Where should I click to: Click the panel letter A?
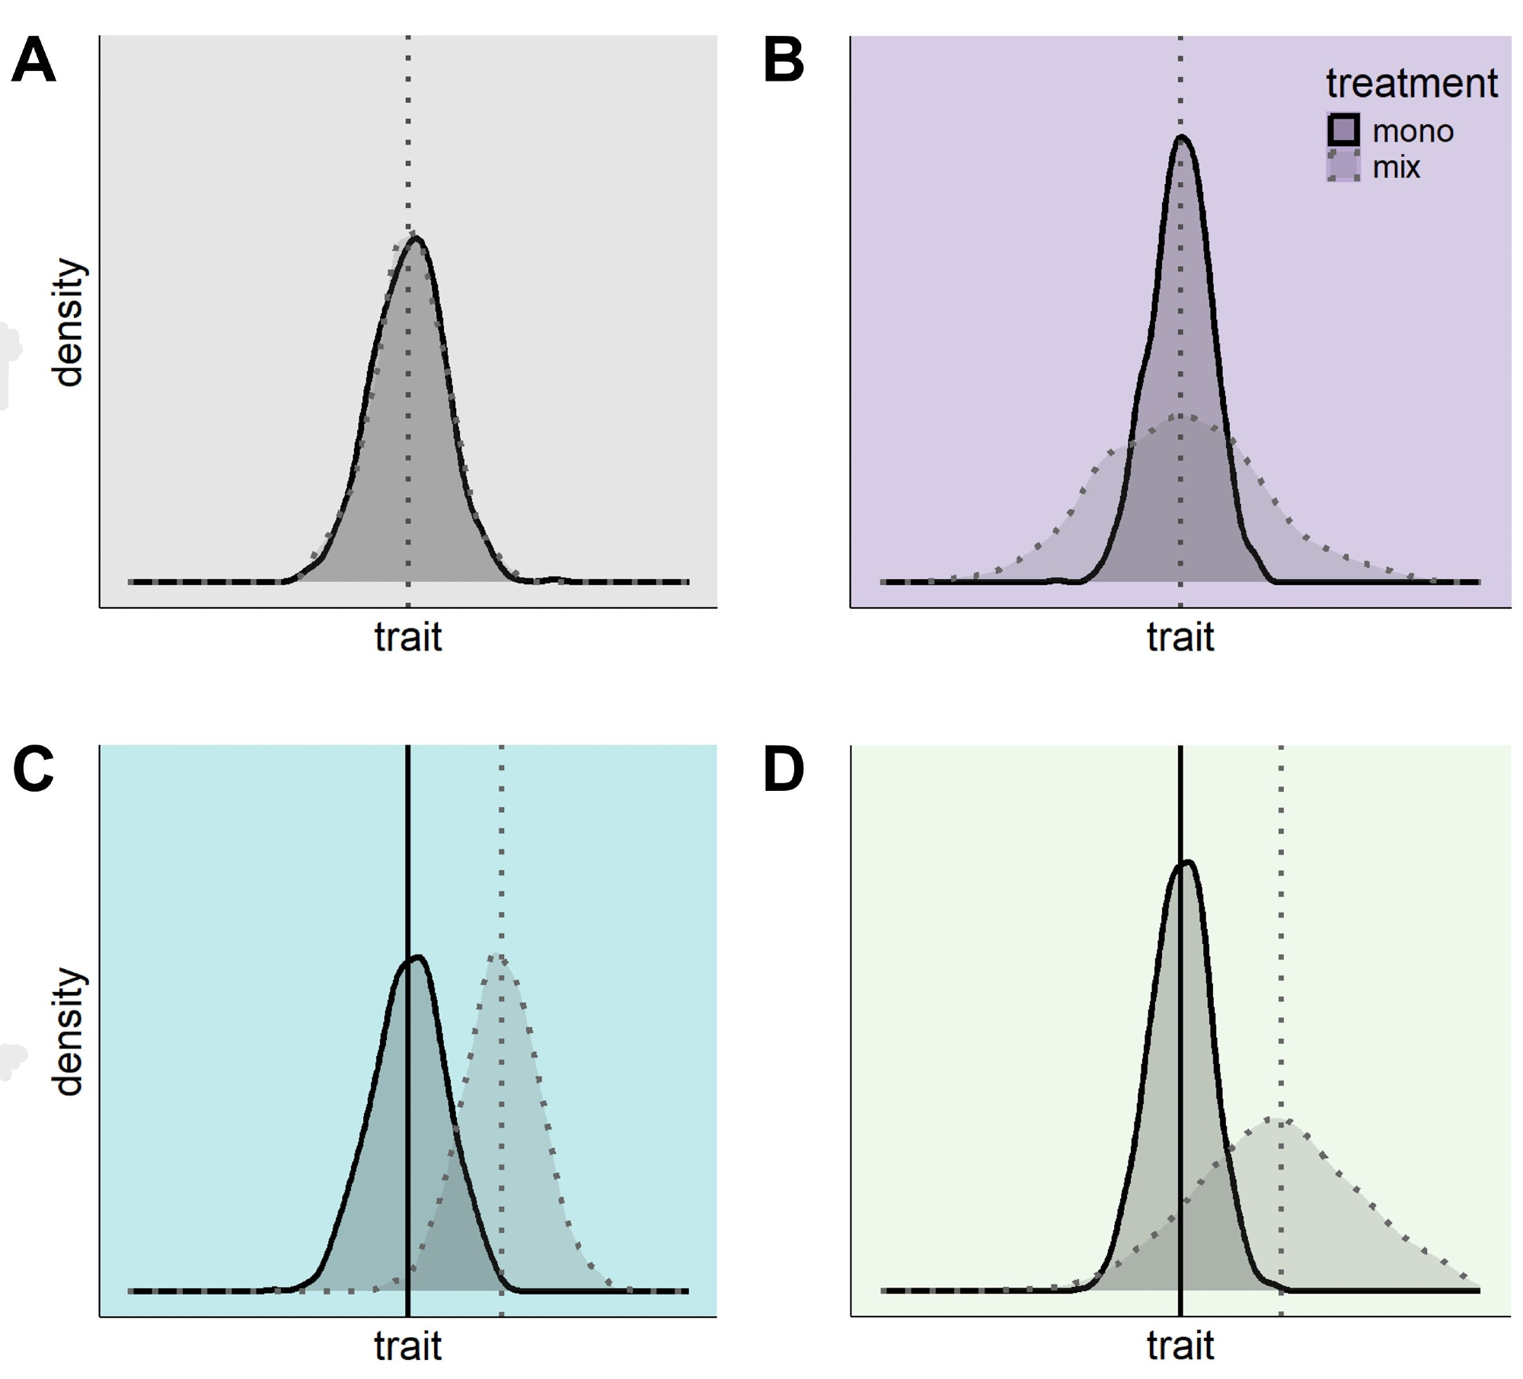pyautogui.click(x=34, y=61)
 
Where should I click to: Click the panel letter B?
pyautogui.click(x=784, y=61)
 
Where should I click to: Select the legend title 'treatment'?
pyautogui.click(x=1412, y=83)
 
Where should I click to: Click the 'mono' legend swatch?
pyautogui.click(x=1343, y=130)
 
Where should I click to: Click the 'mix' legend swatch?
pyautogui.click(x=1343, y=166)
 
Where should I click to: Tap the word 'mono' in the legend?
pyautogui.click(x=1413, y=132)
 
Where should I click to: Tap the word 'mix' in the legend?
pyautogui.click(x=1397, y=168)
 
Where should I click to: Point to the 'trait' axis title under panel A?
pyautogui.click(x=408, y=637)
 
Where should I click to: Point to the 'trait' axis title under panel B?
pyautogui.click(x=1180, y=637)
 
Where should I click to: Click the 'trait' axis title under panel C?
pyautogui.click(x=408, y=1346)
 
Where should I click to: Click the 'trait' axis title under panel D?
pyautogui.click(x=1180, y=1346)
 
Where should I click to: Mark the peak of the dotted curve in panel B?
pyautogui.click(x=1181, y=416)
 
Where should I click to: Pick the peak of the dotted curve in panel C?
pyautogui.click(x=498, y=955)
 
